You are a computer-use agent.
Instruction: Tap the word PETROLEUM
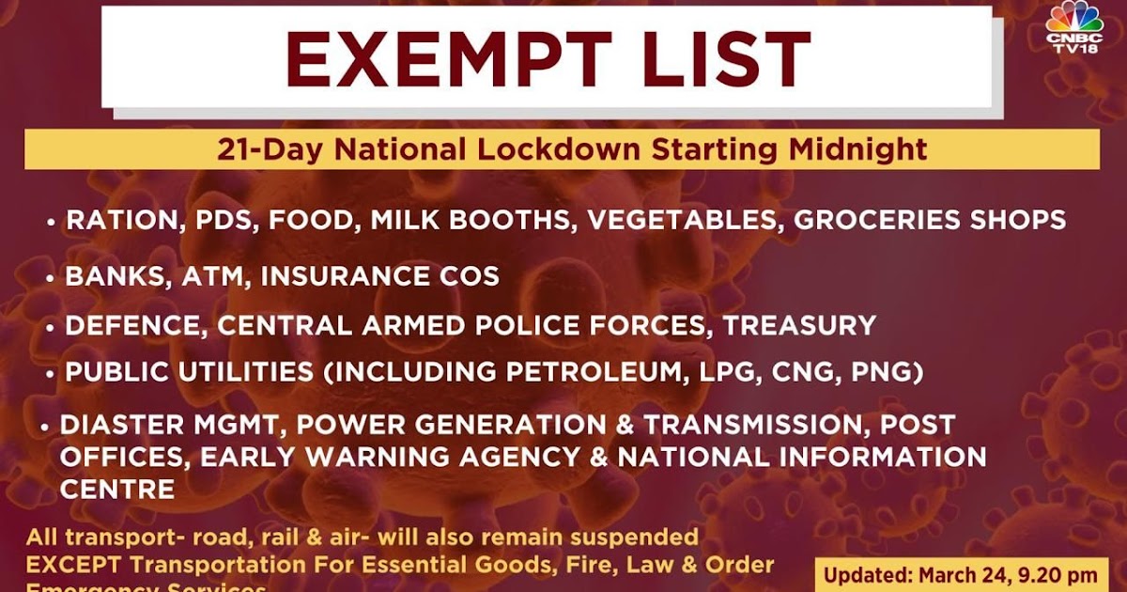pos(593,373)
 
